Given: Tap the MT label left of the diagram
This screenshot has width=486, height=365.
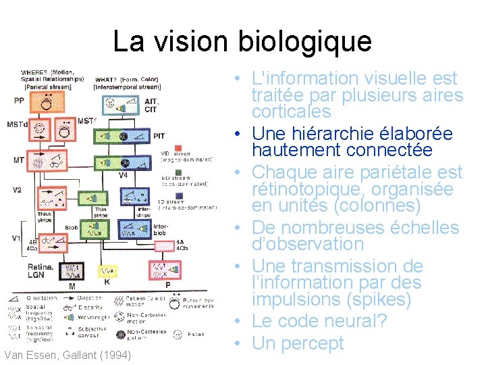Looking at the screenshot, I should click(18, 160).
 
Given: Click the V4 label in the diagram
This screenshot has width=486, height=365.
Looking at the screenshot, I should click(124, 175).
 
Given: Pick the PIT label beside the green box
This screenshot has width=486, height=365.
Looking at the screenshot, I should click(159, 136).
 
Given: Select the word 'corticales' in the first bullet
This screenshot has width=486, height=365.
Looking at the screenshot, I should click(292, 112).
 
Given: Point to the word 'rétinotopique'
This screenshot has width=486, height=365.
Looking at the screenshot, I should click(300, 189).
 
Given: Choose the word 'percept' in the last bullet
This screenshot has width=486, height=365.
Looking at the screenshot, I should click(311, 343).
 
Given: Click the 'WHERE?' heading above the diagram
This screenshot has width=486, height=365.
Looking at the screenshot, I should click(34, 72).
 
